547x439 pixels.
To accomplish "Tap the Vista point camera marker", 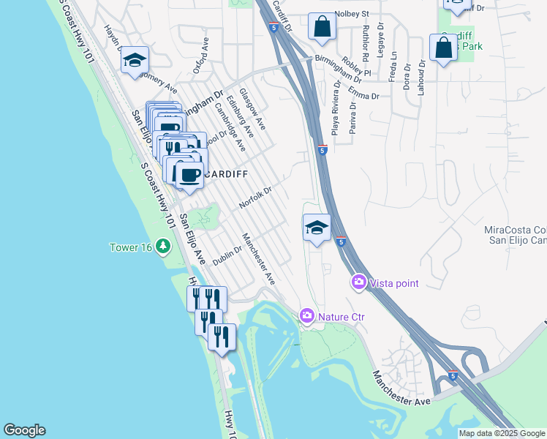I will tap(359, 282).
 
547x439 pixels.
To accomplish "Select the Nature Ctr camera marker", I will tap(307, 316).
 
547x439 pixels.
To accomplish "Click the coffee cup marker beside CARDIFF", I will tap(189, 176).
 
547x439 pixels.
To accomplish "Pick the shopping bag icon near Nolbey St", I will tap(321, 28).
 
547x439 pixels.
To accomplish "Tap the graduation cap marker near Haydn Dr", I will tap(135, 61).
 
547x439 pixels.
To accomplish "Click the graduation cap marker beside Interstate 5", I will tap(317, 228).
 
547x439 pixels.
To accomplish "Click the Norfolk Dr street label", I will tap(255, 197).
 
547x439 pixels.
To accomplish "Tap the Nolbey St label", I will tap(352, 13).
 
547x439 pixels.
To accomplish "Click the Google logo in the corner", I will tap(24, 430).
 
